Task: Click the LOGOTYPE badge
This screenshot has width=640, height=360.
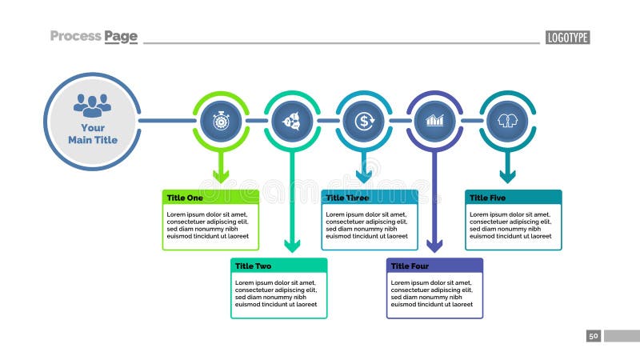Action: coord(567,38)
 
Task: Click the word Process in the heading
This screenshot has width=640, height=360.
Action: coord(75,36)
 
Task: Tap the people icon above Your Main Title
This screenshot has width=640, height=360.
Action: coord(93,104)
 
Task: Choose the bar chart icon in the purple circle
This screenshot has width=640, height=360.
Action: coord(435,121)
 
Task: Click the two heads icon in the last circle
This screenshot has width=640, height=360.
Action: coord(506,121)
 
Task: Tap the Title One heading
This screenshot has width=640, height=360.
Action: coord(185,198)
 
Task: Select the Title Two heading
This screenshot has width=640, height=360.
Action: coord(253,266)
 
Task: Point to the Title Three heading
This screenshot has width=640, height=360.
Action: coord(347,198)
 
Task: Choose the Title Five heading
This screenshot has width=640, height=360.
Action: coord(487,198)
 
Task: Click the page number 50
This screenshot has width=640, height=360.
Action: coord(593,336)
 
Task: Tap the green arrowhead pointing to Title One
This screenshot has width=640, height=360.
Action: coord(220,175)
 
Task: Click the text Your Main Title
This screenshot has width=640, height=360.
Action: coord(93,134)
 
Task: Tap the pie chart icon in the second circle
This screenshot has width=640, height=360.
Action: coord(292,121)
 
